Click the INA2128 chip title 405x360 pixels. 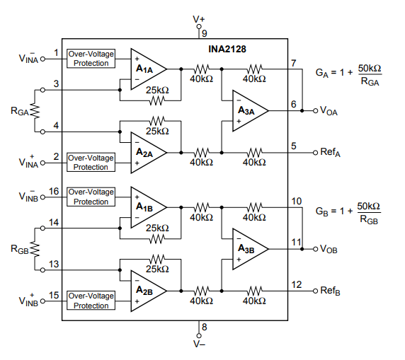pos(227,49)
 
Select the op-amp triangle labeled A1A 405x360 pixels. pos(148,69)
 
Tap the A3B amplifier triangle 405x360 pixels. pos(250,249)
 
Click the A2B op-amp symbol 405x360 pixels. pos(148,291)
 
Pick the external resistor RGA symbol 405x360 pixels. pos(35,111)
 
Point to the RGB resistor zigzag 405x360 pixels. pos(35,249)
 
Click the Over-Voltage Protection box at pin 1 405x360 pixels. pos(91,59)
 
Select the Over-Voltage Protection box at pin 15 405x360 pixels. pos(91,301)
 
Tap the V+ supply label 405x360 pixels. pos(199,19)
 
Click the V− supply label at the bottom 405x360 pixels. pos(199,344)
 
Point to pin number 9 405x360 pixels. pos(205,33)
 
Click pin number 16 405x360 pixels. pos(54,191)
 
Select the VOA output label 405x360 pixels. pos(329,111)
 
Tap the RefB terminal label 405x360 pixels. pos(330,291)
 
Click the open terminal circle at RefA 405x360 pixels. pos(315,153)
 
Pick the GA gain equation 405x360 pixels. pos(348,74)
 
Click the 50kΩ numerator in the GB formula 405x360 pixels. pos(369,207)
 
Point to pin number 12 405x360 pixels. pos(297,284)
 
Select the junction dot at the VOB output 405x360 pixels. pos(302,249)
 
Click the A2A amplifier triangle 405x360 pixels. pos(148,153)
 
